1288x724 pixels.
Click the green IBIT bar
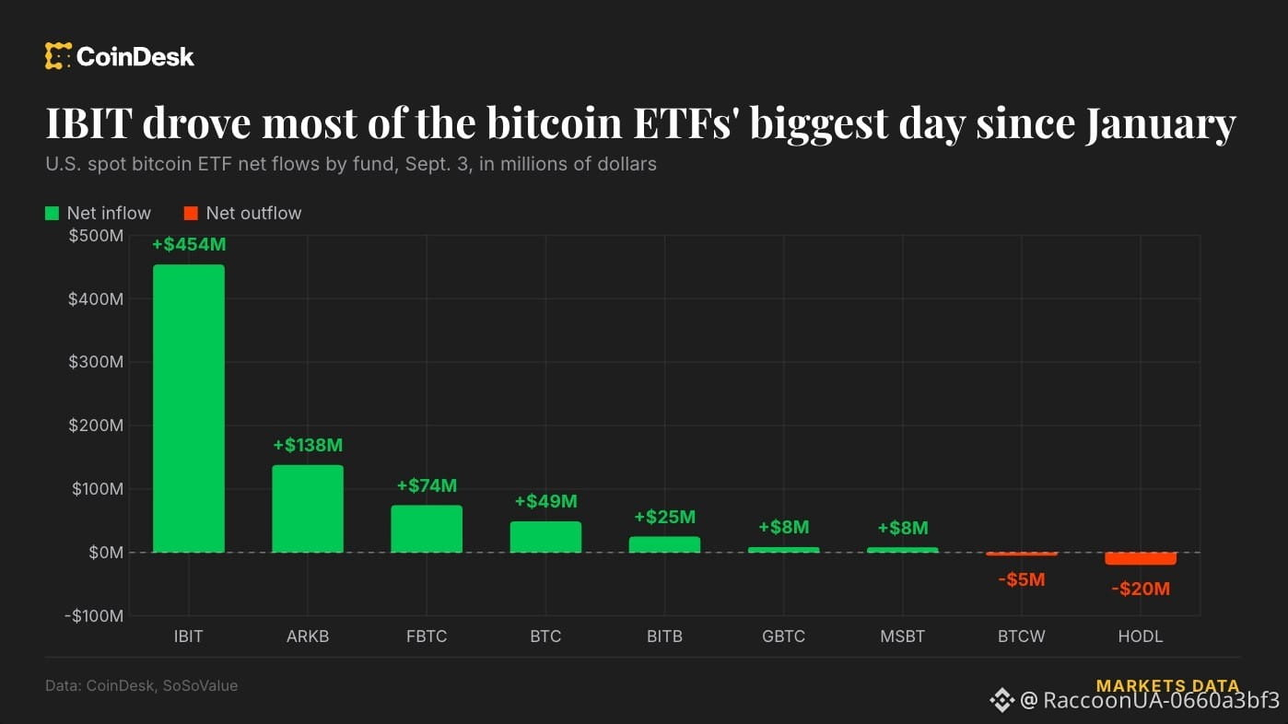(189, 408)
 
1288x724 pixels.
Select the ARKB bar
(308, 509)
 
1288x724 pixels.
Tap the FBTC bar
(427, 529)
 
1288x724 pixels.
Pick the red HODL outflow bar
(1141, 558)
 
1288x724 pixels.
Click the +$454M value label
(189, 244)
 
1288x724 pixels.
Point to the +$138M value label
(308, 445)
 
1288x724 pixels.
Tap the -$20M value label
(1141, 589)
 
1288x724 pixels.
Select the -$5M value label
(1022, 579)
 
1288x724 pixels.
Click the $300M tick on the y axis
(96, 362)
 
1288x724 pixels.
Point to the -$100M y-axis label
(94, 616)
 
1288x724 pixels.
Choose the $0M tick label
(106, 553)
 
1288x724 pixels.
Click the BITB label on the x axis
(664, 636)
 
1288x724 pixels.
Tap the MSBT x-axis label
(903, 636)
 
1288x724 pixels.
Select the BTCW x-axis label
(1022, 636)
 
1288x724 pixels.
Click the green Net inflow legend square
(52, 214)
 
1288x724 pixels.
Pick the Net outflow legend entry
(242, 214)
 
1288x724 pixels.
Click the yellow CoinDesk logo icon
(58, 56)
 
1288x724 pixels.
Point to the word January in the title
(1161, 123)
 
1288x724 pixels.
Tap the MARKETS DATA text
(1168, 685)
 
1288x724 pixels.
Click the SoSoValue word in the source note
(200, 685)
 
